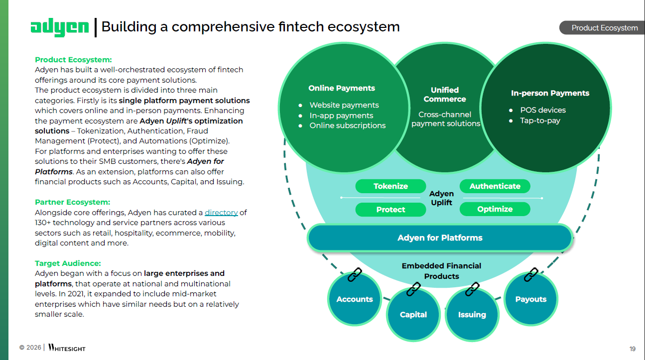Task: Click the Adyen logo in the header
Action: click(59, 27)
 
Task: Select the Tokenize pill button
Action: click(390, 186)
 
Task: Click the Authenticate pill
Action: click(495, 186)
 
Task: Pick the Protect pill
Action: click(390, 210)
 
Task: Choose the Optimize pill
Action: click(495, 209)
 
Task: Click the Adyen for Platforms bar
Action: click(440, 238)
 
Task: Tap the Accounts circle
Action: click(355, 299)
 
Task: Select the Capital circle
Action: click(413, 315)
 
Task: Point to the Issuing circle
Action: click(472, 315)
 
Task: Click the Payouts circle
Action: click(530, 299)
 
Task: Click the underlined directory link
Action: click(221, 213)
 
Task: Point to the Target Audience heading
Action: click(68, 263)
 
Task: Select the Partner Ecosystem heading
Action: click(72, 202)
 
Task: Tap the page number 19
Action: click(632, 348)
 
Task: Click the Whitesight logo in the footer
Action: click(67, 348)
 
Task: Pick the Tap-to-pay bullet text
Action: click(540, 120)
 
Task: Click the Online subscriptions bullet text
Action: click(347, 125)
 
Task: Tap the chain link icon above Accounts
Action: click(354, 275)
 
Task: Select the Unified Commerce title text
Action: click(445, 95)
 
